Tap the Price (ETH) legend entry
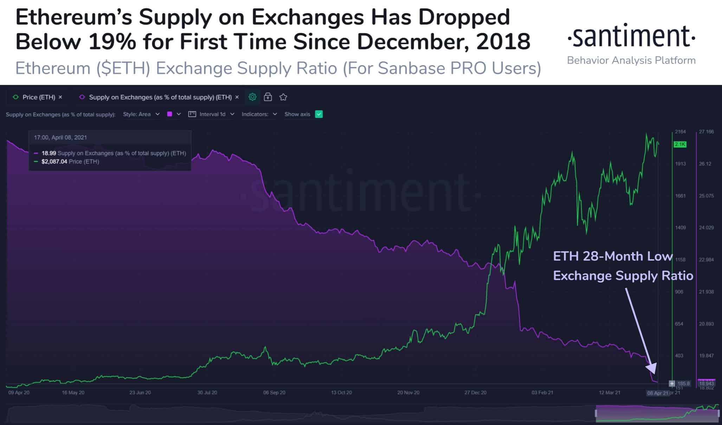click(x=38, y=97)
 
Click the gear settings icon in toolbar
click(x=252, y=97)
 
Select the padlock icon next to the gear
click(x=268, y=97)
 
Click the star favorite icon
click(x=283, y=97)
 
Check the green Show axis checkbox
click(x=319, y=114)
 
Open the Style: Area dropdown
click(x=141, y=114)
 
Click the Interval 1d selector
click(x=212, y=114)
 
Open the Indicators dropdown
click(x=259, y=114)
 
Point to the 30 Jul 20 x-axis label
click(x=207, y=392)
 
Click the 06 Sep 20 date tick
click(x=274, y=392)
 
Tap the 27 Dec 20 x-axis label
click(x=475, y=392)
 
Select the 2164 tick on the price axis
click(x=680, y=132)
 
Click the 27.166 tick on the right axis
click(x=706, y=132)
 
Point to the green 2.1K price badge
click(x=680, y=144)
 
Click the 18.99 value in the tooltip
click(x=49, y=153)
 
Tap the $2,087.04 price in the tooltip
click(x=54, y=162)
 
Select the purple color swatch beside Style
click(x=169, y=114)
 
